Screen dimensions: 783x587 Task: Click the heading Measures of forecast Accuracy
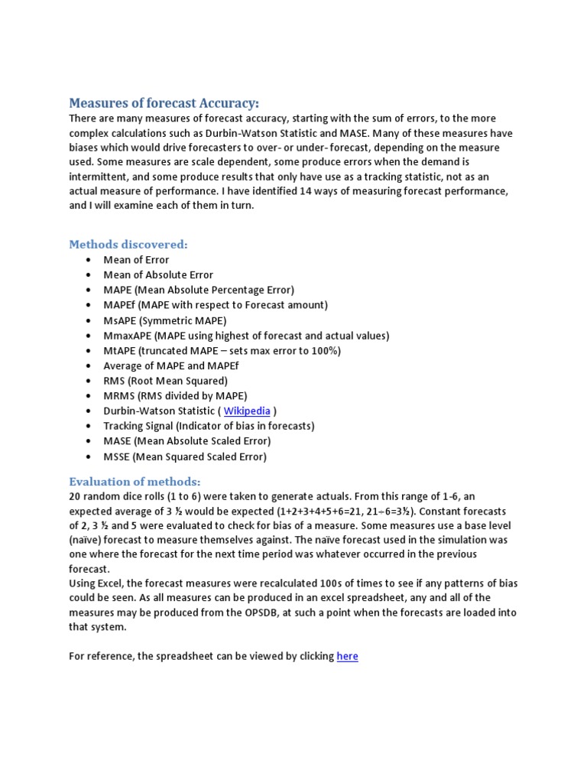click(x=164, y=102)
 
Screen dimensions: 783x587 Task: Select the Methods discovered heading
click(x=128, y=244)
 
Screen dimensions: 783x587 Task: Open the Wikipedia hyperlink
click(x=247, y=411)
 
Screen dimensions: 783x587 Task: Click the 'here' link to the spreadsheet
click(x=347, y=656)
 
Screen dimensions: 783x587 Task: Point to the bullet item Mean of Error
click(x=136, y=259)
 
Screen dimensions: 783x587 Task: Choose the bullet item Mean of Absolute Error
click(x=158, y=275)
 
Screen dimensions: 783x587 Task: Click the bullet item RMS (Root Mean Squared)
click(x=165, y=381)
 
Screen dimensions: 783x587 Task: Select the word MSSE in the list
click(x=117, y=456)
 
